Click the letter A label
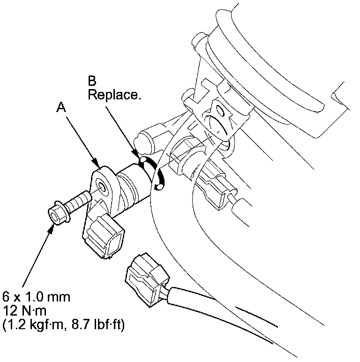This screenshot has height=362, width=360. click(x=60, y=107)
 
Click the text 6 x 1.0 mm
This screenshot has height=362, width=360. click(x=37, y=297)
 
